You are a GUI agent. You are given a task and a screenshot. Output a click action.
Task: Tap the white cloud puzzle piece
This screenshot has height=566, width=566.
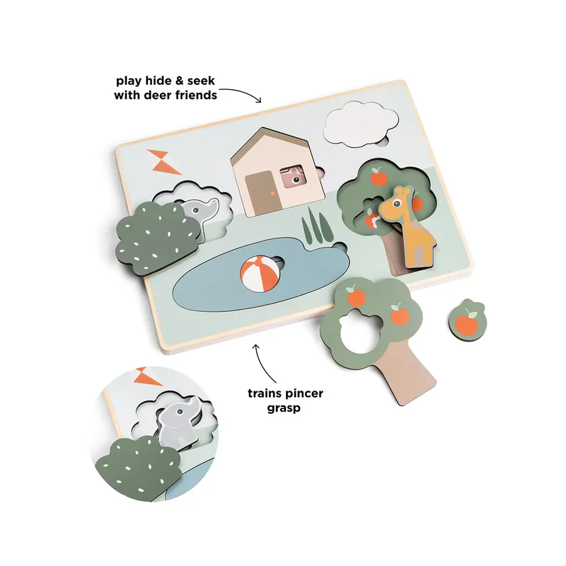(361, 124)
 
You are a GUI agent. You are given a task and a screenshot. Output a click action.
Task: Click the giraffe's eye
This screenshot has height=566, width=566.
(397, 204)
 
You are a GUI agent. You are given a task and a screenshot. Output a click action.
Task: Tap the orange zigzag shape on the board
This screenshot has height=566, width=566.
(163, 162)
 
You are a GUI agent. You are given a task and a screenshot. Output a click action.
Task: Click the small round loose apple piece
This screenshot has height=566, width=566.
(468, 320)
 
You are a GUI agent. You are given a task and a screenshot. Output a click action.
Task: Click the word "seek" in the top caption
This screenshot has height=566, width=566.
(201, 81)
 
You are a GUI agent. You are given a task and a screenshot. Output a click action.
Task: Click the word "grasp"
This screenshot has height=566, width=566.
(284, 409)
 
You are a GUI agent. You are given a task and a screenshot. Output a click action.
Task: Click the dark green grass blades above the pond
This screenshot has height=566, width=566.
(316, 225)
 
